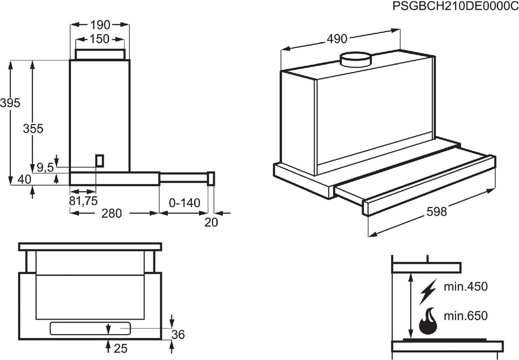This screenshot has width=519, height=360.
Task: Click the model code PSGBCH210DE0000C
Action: (x=455, y=7)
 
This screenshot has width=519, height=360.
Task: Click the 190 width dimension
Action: (x=100, y=25)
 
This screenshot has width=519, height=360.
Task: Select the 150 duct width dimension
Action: (x=100, y=39)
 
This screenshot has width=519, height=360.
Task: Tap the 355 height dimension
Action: (x=33, y=129)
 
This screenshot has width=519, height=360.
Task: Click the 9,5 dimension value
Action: (x=45, y=168)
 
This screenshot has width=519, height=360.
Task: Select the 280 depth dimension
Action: (x=112, y=213)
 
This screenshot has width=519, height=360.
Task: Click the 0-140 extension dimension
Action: (x=185, y=203)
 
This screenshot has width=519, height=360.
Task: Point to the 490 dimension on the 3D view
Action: (x=337, y=39)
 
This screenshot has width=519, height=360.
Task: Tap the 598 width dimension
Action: (x=437, y=212)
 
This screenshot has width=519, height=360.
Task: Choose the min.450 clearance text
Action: (x=465, y=287)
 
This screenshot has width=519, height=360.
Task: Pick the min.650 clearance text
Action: (x=465, y=316)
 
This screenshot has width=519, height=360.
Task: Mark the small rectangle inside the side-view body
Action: (x=100, y=160)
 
